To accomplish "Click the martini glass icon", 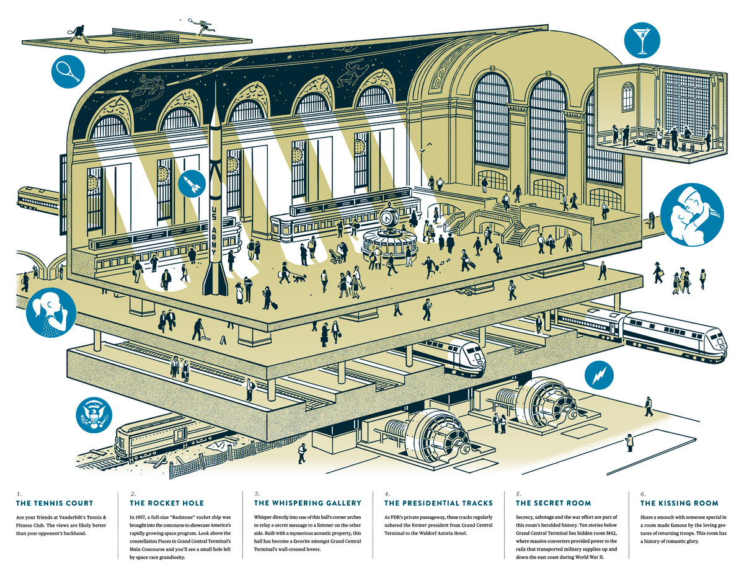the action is click(642, 40).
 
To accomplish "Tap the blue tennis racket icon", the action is click(68, 71).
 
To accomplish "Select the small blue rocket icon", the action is click(192, 184).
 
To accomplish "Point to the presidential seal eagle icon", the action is click(94, 415).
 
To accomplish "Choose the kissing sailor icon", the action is click(692, 215).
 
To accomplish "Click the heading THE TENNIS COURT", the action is click(55, 503).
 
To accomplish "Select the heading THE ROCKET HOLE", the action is click(167, 503).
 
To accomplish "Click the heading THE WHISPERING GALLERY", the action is click(308, 503).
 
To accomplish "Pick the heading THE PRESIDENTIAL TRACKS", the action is click(438, 503).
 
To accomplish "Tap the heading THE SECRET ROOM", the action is click(553, 503).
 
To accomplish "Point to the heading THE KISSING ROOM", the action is click(680, 503).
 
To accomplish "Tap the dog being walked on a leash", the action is click(299, 278).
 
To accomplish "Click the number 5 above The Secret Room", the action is click(518, 494).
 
